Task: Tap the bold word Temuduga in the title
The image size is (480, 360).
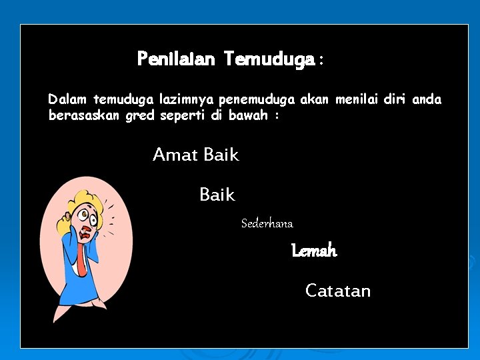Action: point(269,60)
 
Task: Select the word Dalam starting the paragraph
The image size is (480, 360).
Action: point(68,100)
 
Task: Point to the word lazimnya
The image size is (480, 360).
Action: point(185,100)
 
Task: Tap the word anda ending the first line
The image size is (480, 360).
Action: point(427,100)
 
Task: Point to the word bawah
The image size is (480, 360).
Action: point(247,115)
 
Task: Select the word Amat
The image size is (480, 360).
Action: point(175,155)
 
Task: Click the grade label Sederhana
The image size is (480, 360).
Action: point(267,223)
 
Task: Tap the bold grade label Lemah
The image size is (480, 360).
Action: point(314,251)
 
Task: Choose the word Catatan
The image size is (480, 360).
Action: point(338,291)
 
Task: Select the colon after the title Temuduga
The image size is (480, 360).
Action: point(321,61)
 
